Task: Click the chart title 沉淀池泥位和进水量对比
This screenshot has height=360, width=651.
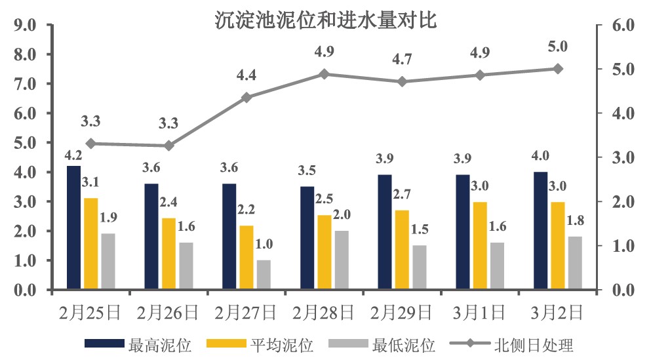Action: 326,20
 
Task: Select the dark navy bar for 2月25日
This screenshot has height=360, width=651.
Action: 73,228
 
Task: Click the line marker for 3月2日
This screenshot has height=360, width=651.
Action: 558,69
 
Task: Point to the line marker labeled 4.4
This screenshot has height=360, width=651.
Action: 247,98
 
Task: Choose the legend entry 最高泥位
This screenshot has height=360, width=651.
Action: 138,344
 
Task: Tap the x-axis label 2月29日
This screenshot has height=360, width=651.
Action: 402,311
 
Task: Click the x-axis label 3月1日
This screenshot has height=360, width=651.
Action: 480,311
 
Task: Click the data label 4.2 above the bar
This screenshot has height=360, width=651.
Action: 73,155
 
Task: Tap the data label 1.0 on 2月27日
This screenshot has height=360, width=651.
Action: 264,245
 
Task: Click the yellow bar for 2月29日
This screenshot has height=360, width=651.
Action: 402,250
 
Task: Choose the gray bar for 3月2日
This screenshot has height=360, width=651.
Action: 575,263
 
